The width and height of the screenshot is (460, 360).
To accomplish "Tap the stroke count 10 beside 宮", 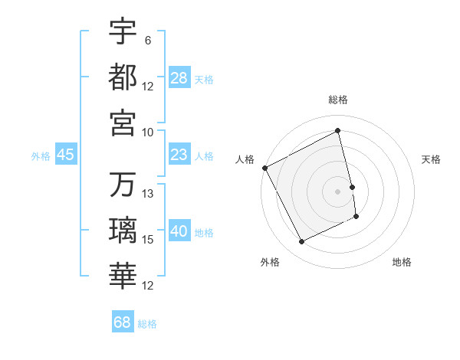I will [147, 132].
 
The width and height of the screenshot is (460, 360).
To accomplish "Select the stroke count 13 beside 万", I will [148, 194].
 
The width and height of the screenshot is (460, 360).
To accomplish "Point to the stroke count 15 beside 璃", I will [148, 240].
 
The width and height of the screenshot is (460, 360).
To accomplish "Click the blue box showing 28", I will [179, 78].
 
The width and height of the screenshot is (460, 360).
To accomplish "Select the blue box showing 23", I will [179, 155].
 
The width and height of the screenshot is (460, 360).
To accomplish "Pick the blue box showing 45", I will [66, 155].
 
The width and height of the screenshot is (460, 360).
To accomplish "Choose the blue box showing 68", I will [123, 322].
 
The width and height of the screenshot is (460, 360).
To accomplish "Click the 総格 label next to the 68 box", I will [147, 324].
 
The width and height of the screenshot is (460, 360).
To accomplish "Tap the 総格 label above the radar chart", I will [338, 100].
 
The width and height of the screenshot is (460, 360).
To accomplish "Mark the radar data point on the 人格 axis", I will [264, 168].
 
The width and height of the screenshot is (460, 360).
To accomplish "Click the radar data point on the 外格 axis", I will [301, 242].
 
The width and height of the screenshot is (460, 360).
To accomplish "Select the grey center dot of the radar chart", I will [338, 191].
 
